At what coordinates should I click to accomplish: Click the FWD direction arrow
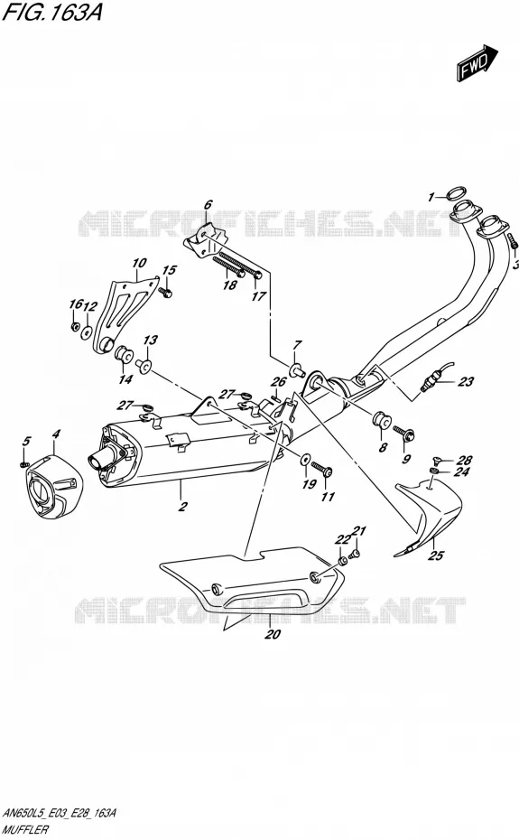pyautogui.click(x=477, y=64)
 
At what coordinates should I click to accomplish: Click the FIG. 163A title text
pyautogui.click(x=52, y=12)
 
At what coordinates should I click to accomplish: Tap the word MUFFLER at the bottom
pyautogui.click(x=25, y=829)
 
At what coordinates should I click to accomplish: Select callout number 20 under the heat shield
pyautogui.click(x=273, y=634)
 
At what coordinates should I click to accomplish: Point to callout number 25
pyautogui.click(x=436, y=555)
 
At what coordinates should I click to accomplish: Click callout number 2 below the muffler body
pyautogui.click(x=182, y=506)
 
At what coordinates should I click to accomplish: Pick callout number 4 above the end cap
pyautogui.click(x=56, y=434)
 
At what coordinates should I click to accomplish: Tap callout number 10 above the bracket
pyautogui.click(x=139, y=263)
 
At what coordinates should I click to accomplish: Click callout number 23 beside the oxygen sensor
pyautogui.click(x=466, y=381)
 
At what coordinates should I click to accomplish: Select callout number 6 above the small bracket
pyautogui.click(x=208, y=204)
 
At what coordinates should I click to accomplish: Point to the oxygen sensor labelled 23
pyautogui.click(x=435, y=378)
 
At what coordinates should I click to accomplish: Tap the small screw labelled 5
pyautogui.click(x=23, y=464)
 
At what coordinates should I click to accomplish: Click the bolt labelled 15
pyautogui.click(x=166, y=292)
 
